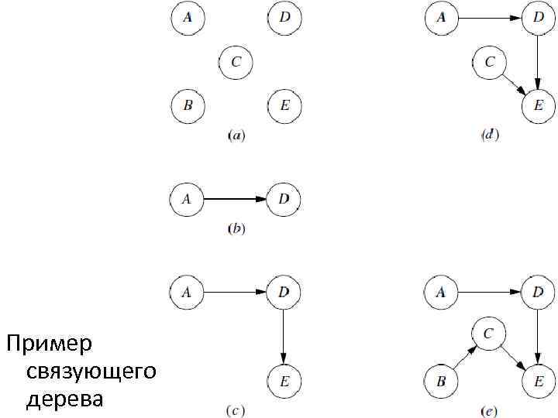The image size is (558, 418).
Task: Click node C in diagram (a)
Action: coord(236,62)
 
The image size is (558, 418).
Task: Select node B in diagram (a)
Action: coord(188,104)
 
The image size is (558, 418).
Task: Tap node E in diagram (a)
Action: coord(284,104)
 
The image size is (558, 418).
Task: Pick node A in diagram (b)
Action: coord(186,199)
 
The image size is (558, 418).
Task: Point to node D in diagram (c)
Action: coord(284,293)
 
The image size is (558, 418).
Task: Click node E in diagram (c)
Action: coord(284,380)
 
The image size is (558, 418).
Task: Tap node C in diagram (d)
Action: coord(489,62)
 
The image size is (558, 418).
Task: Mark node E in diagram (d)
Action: coord(539,105)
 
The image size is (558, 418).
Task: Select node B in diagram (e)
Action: coord(441,380)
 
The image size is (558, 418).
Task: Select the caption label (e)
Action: coord(489,411)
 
